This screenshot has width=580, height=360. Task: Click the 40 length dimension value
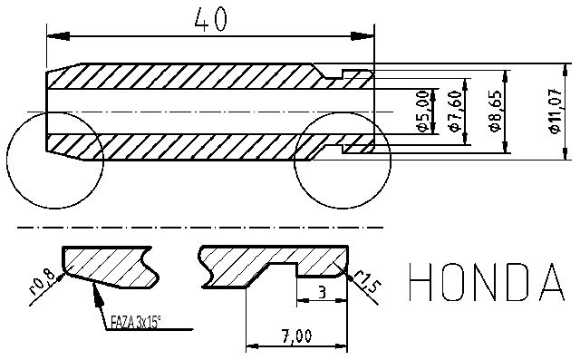(x=210, y=20)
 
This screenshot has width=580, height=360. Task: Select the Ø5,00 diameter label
(x=421, y=111)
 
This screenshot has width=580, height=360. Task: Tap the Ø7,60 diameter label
(x=455, y=111)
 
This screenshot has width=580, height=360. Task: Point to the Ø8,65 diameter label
(x=495, y=111)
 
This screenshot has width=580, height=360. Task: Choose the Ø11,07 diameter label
(x=555, y=111)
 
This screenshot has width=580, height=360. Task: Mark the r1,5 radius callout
(x=364, y=283)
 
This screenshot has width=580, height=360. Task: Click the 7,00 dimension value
(x=297, y=336)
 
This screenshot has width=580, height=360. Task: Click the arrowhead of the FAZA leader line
(x=95, y=289)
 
